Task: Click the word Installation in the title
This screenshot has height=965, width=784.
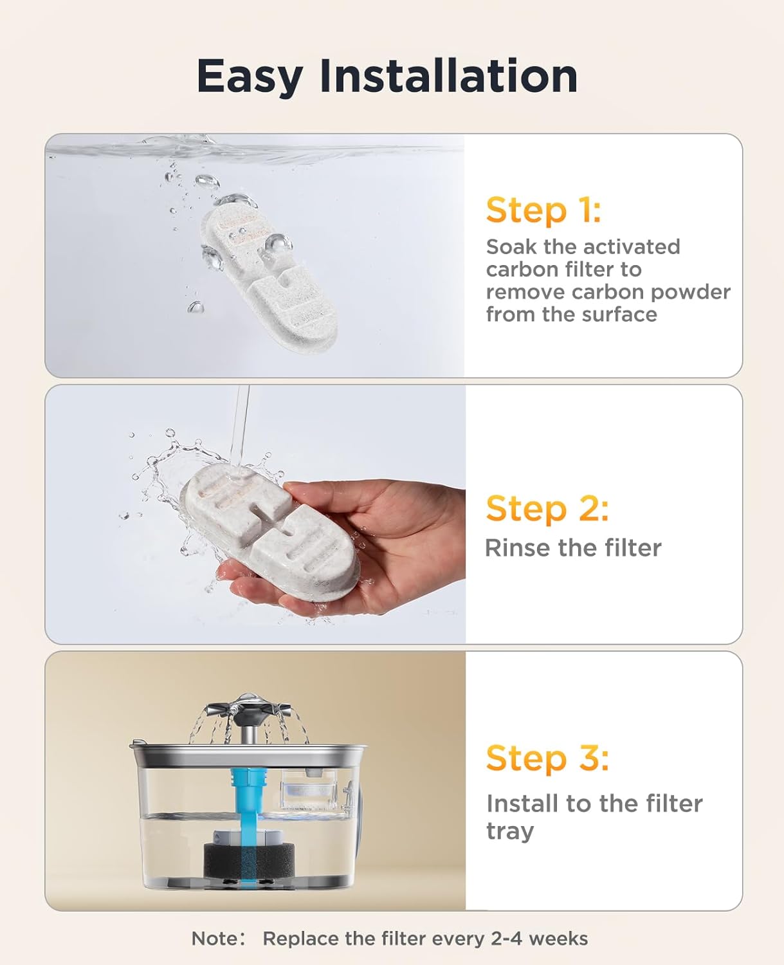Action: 448,76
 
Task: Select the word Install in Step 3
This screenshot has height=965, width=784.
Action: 522,804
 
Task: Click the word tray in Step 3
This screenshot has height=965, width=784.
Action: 509,831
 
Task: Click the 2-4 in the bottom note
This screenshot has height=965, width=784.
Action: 506,939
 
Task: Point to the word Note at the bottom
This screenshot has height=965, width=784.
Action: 214,939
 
